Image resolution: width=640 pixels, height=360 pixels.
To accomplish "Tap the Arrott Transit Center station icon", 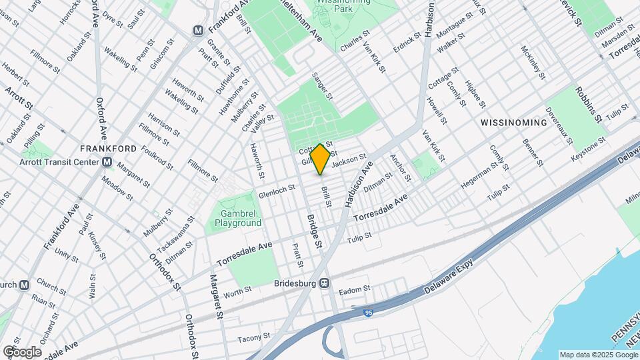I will [107, 162].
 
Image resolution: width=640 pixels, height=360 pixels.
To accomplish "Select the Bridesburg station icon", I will [324, 283].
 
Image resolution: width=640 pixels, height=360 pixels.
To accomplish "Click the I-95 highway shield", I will [369, 311].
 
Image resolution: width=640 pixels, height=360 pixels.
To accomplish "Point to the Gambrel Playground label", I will [238, 219].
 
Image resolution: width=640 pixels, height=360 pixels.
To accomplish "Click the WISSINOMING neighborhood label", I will [511, 124].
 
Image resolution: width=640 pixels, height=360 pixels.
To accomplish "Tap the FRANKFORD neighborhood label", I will [108, 148].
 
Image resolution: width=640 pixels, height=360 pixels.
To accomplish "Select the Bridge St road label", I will [314, 232].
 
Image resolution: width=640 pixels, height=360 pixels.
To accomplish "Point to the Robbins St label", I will [589, 104].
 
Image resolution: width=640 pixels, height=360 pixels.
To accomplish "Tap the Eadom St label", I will [354, 290].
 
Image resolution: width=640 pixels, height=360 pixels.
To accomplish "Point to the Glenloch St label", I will [277, 191].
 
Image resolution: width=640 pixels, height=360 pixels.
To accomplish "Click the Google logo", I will [21, 351].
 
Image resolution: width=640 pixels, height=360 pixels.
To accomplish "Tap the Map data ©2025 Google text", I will [598, 355].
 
